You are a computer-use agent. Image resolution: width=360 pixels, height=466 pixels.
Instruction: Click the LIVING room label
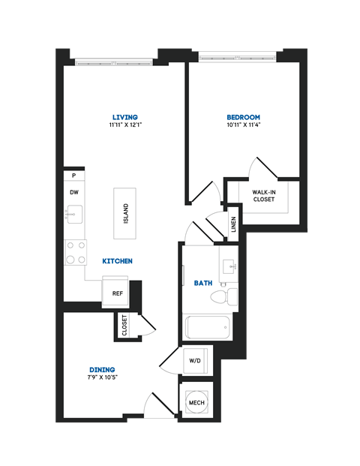coord(124,117)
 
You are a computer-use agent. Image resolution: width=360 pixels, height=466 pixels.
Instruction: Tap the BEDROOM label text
coord(243,117)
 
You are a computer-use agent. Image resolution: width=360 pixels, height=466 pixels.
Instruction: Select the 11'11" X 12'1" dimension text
coord(124,125)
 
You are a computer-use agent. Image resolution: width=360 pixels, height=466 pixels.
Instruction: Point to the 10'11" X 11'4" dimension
coord(243,125)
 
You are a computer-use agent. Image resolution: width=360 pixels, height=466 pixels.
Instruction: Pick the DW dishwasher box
coord(74,193)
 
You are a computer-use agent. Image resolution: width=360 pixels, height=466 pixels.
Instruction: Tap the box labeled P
coord(73,176)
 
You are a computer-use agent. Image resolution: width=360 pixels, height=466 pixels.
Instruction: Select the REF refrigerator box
coord(118,293)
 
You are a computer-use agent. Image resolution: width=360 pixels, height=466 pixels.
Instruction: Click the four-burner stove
coord(74,252)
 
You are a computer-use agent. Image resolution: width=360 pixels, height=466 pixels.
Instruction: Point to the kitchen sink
coord(73,216)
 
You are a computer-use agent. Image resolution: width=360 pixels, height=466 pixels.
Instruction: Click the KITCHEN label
coord(118,261)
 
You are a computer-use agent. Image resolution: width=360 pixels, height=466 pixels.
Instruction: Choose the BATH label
coord(203,283)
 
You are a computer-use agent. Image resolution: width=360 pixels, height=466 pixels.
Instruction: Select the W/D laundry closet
coord(196,360)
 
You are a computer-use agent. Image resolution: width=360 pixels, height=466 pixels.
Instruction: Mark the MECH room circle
coord(196,401)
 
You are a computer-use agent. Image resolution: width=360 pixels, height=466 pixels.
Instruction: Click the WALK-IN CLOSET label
coord(262,195)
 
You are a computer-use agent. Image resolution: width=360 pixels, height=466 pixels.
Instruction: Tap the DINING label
coord(101,369)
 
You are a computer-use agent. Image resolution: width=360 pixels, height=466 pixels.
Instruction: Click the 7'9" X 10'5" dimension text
coord(101,377)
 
